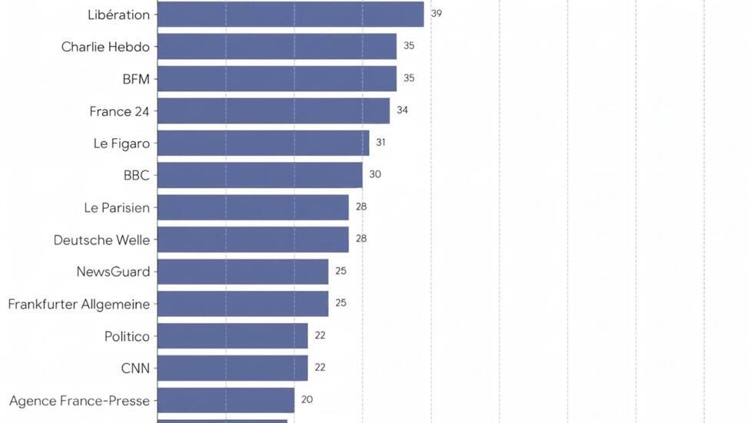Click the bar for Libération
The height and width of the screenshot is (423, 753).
click(x=290, y=15)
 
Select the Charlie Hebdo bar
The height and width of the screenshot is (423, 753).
click(x=277, y=47)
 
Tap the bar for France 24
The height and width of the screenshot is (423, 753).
click(x=274, y=111)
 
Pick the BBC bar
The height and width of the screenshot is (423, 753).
click(x=260, y=175)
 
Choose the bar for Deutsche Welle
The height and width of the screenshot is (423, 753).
click(x=253, y=240)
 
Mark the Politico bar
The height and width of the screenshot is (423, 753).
click(x=232, y=335)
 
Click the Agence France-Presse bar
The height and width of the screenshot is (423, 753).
click(x=226, y=400)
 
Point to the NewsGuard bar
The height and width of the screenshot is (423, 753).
click(x=243, y=272)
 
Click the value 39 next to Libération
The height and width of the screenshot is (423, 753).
click(x=436, y=13)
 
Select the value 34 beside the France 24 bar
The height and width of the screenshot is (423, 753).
click(x=403, y=110)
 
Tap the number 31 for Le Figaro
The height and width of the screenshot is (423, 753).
click(x=381, y=142)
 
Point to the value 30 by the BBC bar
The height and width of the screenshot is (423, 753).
click(x=375, y=174)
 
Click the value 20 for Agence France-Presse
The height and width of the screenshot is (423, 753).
click(x=307, y=399)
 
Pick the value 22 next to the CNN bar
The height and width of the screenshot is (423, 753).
click(x=320, y=367)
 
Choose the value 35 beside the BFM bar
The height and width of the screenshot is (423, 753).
click(x=409, y=78)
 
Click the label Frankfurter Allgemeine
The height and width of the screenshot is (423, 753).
click(x=79, y=305)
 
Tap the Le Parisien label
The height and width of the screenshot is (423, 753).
click(x=117, y=208)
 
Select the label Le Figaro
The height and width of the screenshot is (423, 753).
click(x=121, y=144)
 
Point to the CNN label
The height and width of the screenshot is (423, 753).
click(x=135, y=368)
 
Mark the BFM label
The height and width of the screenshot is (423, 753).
click(x=136, y=79)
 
